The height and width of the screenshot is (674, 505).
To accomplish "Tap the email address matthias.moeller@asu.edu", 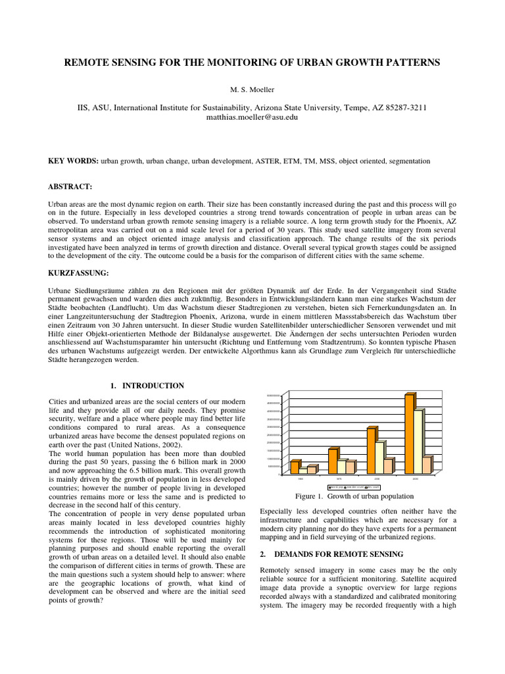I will click(252, 117).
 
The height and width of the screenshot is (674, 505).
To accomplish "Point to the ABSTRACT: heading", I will click(70, 187).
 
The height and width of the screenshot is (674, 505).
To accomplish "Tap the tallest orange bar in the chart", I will click(409, 433).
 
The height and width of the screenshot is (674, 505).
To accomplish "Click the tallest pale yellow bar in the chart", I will click(418, 441).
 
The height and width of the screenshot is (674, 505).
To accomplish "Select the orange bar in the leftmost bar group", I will click(295, 467).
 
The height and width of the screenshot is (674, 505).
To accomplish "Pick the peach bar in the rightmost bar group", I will click(427, 465).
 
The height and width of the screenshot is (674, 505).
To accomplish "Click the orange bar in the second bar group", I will click(333, 461).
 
